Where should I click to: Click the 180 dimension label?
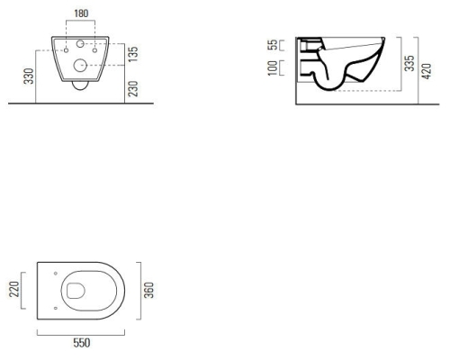pos(81,13)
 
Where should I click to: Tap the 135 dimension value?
pos(133,54)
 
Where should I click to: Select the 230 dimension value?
pos(133,89)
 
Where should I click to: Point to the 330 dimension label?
pos(29,76)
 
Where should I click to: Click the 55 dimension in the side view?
pos(274,45)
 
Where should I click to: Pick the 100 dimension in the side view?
pos(273,68)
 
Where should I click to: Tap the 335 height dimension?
pos(409,63)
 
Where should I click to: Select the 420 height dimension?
pos(427,71)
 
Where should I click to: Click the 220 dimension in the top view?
pos(13,289)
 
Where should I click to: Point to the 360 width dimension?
pos(149,290)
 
